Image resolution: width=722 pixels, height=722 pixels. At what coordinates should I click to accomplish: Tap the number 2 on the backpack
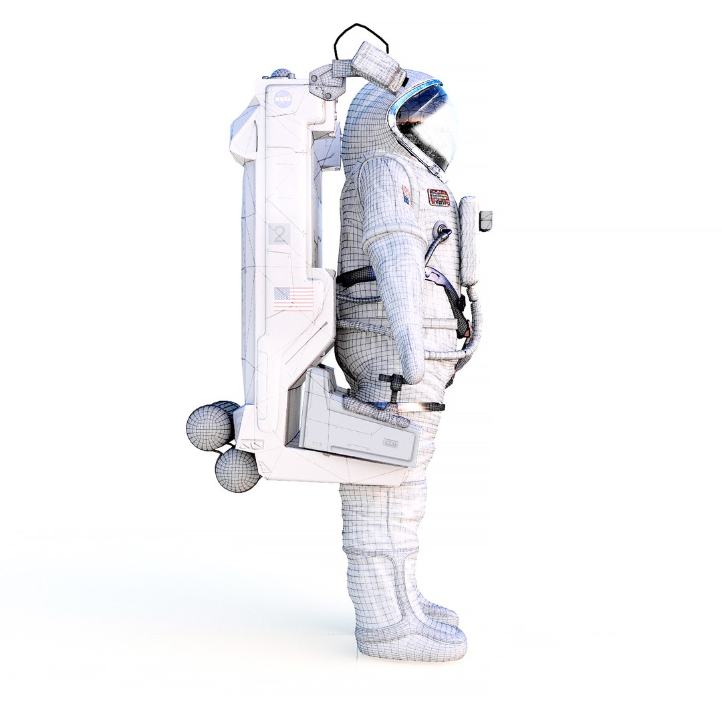tap(279, 235)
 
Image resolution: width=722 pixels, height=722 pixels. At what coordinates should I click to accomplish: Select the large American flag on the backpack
tap(293, 298)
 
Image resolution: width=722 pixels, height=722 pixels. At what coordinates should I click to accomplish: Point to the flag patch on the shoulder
tap(406, 195)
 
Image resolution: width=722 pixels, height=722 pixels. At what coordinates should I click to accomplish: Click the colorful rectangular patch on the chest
tap(439, 197)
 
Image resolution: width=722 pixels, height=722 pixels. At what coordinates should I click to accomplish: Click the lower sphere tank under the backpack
tap(237, 470)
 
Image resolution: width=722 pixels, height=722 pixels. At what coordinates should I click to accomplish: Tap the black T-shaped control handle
tap(393, 384)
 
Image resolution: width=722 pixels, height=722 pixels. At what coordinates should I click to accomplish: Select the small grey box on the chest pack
tap(486, 217)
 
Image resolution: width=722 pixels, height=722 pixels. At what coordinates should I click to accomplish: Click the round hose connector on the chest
tap(442, 230)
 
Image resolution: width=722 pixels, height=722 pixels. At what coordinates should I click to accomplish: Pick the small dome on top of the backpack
tap(282, 75)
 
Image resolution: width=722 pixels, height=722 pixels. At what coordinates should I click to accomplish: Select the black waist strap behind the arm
tap(357, 275)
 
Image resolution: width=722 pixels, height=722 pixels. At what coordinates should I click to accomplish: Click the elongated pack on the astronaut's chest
tap(469, 241)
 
